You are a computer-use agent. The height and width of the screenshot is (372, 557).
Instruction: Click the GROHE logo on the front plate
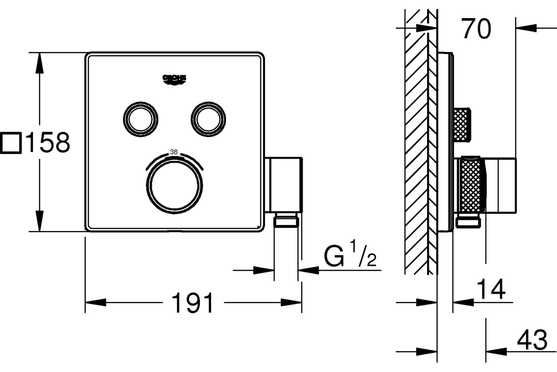(x=174, y=80)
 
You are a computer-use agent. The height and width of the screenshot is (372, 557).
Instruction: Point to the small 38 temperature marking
(x=174, y=152)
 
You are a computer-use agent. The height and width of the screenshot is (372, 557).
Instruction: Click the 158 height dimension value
(x=47, y=143)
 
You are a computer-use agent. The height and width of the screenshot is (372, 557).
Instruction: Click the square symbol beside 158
(x=11, y=143)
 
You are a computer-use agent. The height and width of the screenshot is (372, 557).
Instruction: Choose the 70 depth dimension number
(x=476, y=29)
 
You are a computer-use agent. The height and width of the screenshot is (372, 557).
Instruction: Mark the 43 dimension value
(x=531, y=341)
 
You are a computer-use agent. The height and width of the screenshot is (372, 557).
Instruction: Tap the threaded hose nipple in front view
(x=286, y=221)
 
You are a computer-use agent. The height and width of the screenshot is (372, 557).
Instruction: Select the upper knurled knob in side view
(x=462, y=123)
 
